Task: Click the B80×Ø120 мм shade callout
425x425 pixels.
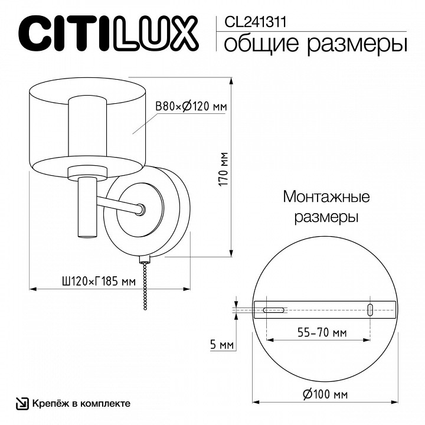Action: (x=191, y=106)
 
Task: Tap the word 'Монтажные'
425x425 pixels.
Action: (x=326, y=197)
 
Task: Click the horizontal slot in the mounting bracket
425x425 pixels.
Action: (x=273, y=309)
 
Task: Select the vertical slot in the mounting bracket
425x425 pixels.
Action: (x=370, y=309)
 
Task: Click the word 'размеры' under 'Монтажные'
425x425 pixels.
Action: (x=326, y=217)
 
